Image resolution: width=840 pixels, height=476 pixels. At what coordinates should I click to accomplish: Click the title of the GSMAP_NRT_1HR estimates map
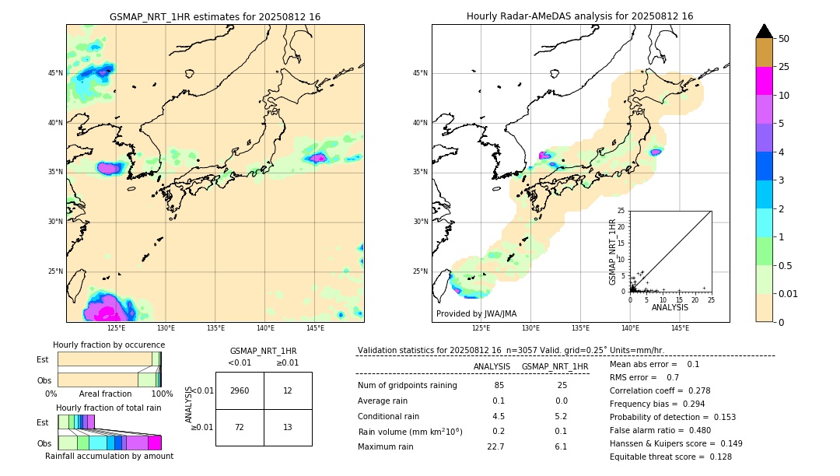tap(215, 16)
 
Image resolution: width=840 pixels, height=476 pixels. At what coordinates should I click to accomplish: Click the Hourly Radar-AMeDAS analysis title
tap(579, 16)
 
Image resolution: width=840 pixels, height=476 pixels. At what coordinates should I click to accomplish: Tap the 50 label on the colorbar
tap(784, 39)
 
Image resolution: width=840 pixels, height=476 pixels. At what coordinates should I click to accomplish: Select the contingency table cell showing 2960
tap(240, 390)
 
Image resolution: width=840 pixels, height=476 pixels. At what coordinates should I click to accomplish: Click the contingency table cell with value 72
tap(240, 427)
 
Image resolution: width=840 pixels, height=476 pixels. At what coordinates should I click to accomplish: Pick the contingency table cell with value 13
tap(288, 427)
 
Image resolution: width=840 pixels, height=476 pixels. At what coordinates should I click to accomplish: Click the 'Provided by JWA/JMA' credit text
tap(476, 313)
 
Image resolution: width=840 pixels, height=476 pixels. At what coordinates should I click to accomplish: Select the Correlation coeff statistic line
tap(660, 390)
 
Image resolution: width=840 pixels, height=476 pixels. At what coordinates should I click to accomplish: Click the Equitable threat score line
tap(670, 457)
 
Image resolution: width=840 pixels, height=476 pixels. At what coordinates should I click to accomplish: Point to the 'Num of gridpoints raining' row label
tap(408, 386)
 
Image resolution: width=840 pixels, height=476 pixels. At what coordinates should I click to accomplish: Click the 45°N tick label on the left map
tap(55, 73)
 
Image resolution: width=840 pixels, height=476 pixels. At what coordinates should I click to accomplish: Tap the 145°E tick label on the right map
tap(680, 328)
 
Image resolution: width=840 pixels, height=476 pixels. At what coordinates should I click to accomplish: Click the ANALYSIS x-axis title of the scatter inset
tap(670, 307)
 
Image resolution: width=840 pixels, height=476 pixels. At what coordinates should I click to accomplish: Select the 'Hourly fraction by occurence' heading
tap(109, 345)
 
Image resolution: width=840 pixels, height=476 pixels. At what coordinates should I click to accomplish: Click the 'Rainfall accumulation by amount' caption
tap(109, 456)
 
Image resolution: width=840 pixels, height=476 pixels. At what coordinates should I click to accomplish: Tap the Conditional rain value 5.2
tap(561, 416)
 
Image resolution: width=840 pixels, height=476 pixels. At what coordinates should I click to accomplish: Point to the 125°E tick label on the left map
tap(116, 328)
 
